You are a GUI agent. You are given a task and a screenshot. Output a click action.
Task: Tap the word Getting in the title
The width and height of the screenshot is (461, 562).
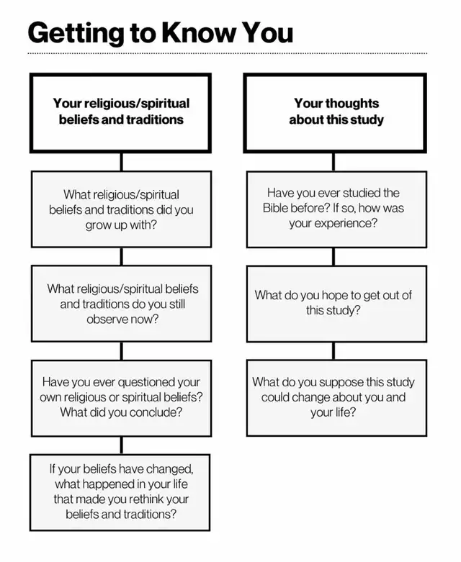(x=76, y=33)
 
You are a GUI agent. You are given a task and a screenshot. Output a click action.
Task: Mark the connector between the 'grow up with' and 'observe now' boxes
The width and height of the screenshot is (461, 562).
(x=121, y=257)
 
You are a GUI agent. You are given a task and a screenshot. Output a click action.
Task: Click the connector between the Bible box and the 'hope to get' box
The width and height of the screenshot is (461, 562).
(x=334, y=257)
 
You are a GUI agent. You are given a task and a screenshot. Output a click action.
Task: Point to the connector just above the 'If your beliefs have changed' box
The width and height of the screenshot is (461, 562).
(x=121, y=445)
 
